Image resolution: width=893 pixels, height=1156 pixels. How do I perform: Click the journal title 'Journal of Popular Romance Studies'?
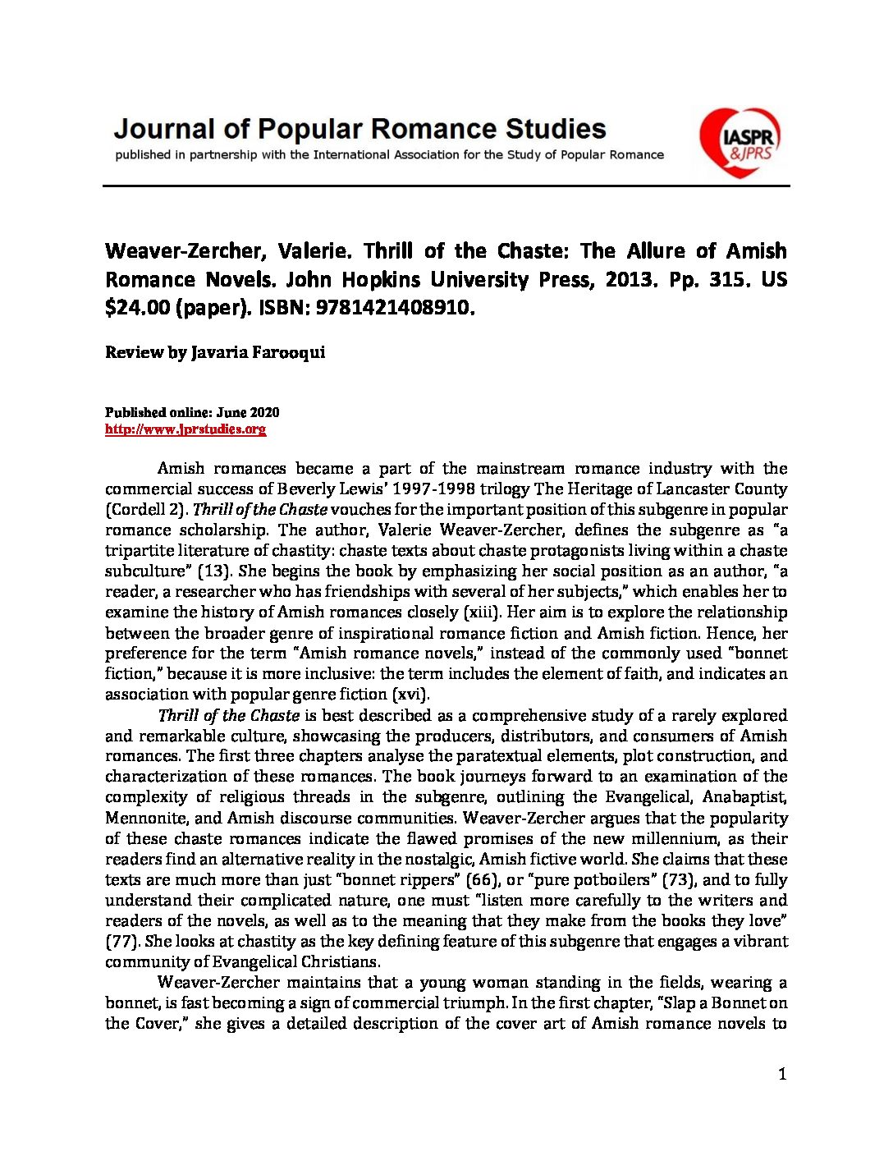359,129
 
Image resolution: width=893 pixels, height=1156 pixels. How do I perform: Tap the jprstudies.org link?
185,429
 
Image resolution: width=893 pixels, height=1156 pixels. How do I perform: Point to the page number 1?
782,1074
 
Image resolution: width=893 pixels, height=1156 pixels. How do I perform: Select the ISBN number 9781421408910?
380,309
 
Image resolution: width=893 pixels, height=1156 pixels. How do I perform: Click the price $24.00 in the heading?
137,309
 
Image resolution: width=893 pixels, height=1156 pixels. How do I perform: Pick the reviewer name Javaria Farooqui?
258,353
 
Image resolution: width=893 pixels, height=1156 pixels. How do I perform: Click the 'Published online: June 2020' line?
192,412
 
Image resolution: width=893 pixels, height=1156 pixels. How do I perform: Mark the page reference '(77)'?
122,942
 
